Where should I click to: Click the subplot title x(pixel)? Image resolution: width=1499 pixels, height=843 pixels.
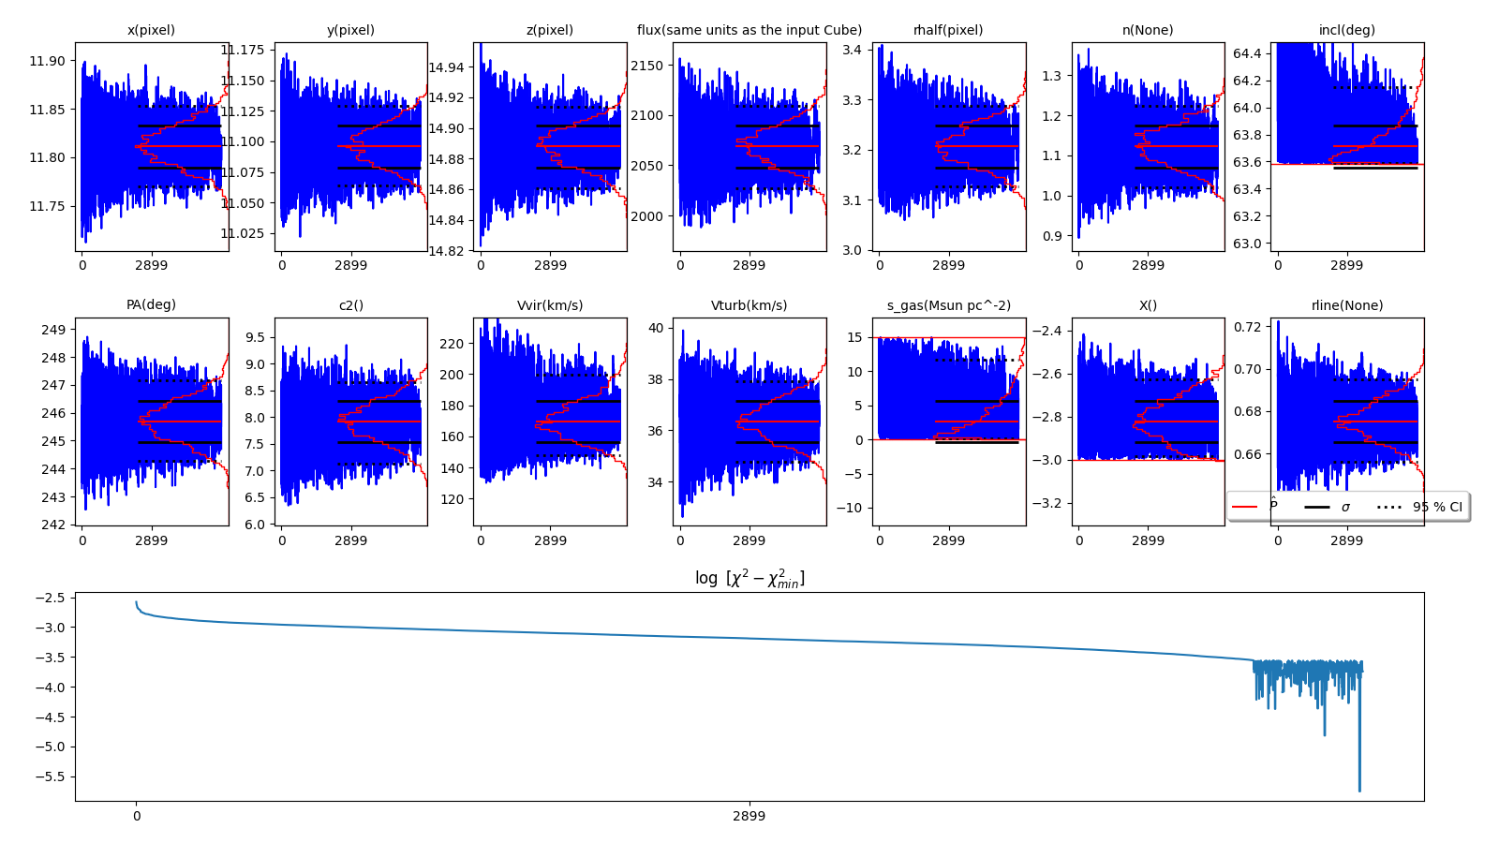[x=151, y=30]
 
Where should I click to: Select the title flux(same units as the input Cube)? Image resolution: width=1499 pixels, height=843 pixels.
[x=749, y=30]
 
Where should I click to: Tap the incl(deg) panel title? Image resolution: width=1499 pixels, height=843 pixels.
[x=1346, y=30]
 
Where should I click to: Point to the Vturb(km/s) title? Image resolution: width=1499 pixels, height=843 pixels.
[x=749, y=305]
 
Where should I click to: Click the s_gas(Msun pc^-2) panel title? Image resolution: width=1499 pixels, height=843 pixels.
[x=948, y=305]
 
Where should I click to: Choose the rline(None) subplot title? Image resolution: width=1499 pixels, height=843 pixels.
[x=1346, y=305]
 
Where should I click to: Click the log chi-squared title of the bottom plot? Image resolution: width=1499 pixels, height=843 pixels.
[x=749, y=579]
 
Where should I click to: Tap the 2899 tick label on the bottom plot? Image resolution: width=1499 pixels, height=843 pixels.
[x=749, y=816]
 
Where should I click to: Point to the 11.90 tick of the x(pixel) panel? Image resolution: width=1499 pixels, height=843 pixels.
[x=47, y=61]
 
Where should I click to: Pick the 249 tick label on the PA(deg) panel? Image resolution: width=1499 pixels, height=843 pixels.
[x=54, y=330]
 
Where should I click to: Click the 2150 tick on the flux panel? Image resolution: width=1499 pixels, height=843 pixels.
[x=646, y=66]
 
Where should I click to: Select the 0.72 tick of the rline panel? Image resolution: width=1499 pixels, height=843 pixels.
[x=1246, y=327]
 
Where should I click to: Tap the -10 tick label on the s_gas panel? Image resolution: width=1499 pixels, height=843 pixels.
[x=851, y=508]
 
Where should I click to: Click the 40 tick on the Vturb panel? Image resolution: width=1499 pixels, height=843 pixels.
[x=655, y=328]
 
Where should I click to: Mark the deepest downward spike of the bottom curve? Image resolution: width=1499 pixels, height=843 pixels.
[x=1359, y=791]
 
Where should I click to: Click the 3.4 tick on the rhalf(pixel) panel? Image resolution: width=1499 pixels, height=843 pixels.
[x=852, y=50]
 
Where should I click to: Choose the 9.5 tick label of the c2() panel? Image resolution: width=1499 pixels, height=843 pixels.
[x=256, y=337]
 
